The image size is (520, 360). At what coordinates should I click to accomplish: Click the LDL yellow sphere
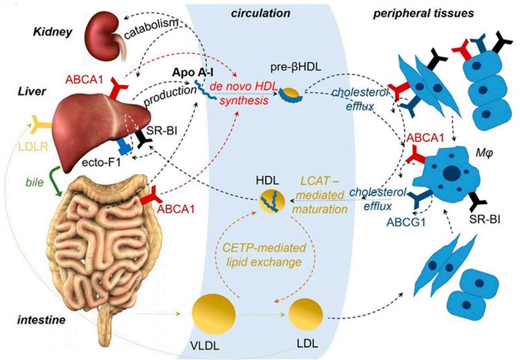[307, 315]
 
